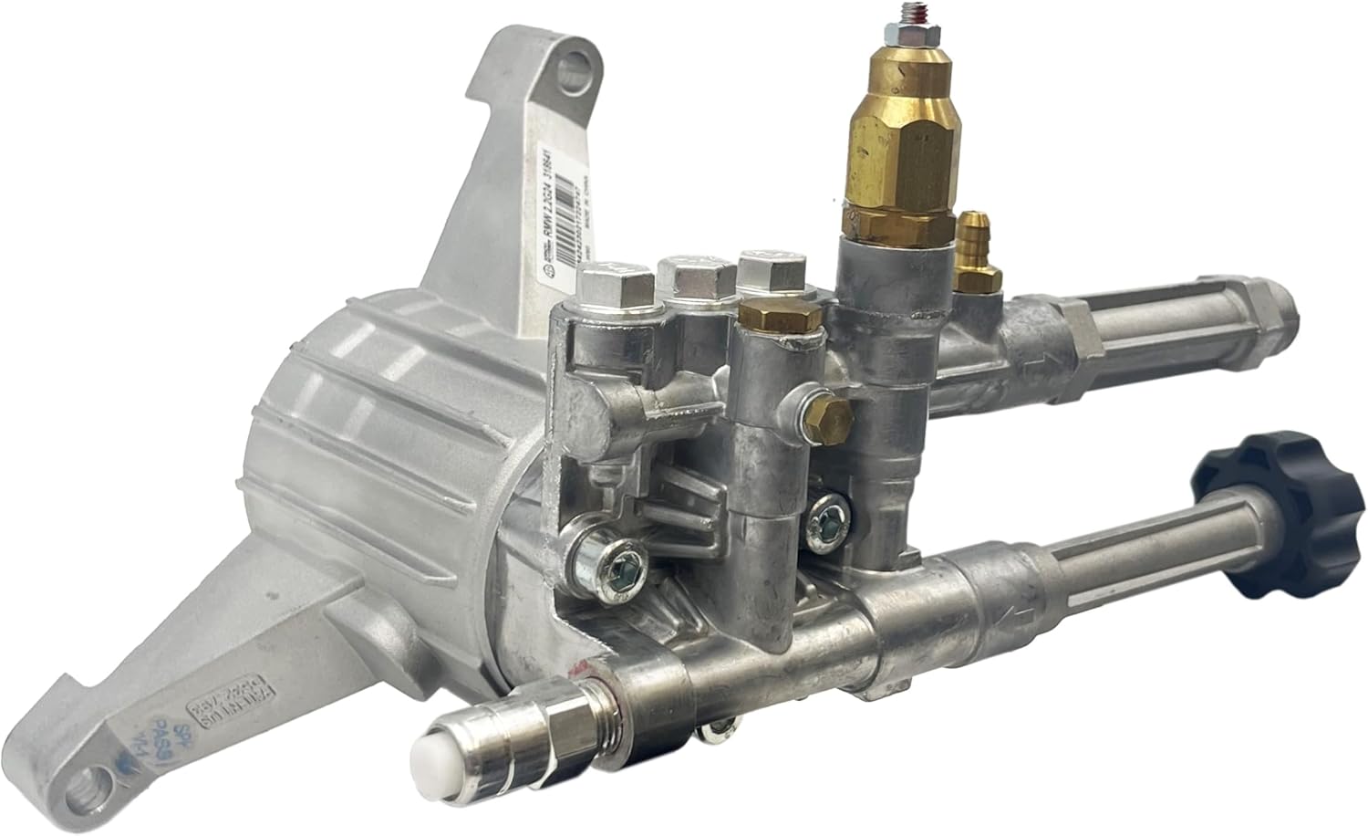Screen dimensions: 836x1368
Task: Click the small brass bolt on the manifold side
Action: pyautogui.click(x=830, y=417)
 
